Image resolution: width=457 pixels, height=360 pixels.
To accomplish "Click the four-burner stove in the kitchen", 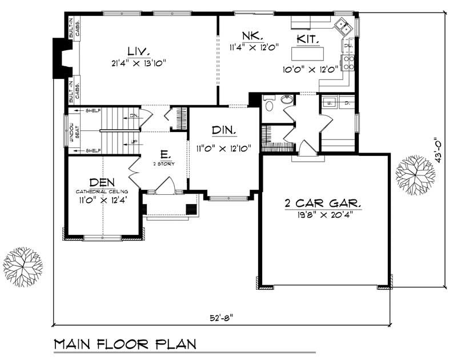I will click(x=348, y=61).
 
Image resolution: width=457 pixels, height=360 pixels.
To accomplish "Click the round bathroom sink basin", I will click(x=287, y=102).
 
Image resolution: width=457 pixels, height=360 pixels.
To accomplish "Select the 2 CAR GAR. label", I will click(x=324, y=203).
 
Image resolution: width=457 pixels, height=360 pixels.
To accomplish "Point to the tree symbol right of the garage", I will click(x=415, y=170).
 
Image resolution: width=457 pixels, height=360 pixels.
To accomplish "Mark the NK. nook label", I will click(x=251, y=35).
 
